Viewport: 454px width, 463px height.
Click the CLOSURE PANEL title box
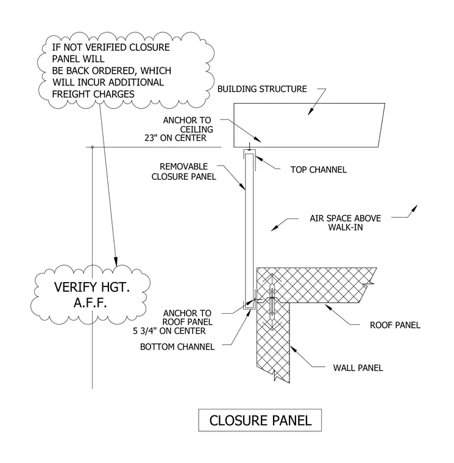coord(260,420)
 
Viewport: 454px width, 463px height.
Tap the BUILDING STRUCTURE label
coord(262,89)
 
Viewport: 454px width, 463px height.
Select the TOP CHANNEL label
coord(319,170)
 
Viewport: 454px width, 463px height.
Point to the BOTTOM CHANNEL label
coord(177,347)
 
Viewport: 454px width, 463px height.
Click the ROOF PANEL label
coord(395,325)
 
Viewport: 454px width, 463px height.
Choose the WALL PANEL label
coord(358,368)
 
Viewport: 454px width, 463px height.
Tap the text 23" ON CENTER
coord(175,138)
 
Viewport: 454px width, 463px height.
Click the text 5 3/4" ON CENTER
coord(169,331)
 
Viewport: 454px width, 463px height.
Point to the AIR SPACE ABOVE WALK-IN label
coord(346,222)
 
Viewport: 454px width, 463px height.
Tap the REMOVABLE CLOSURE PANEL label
coord(183,172)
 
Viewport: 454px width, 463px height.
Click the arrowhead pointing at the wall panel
coord(293,349)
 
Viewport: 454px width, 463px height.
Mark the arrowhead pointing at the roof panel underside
coord(328,308)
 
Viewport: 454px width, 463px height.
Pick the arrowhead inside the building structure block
coord(310,112)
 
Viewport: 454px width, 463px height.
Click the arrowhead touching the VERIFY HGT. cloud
coord(116,261)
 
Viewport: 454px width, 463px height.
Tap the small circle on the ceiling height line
coord(93,147)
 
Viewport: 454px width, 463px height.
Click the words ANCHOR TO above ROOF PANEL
coord(187,313)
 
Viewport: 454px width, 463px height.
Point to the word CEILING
coord(196,129)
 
